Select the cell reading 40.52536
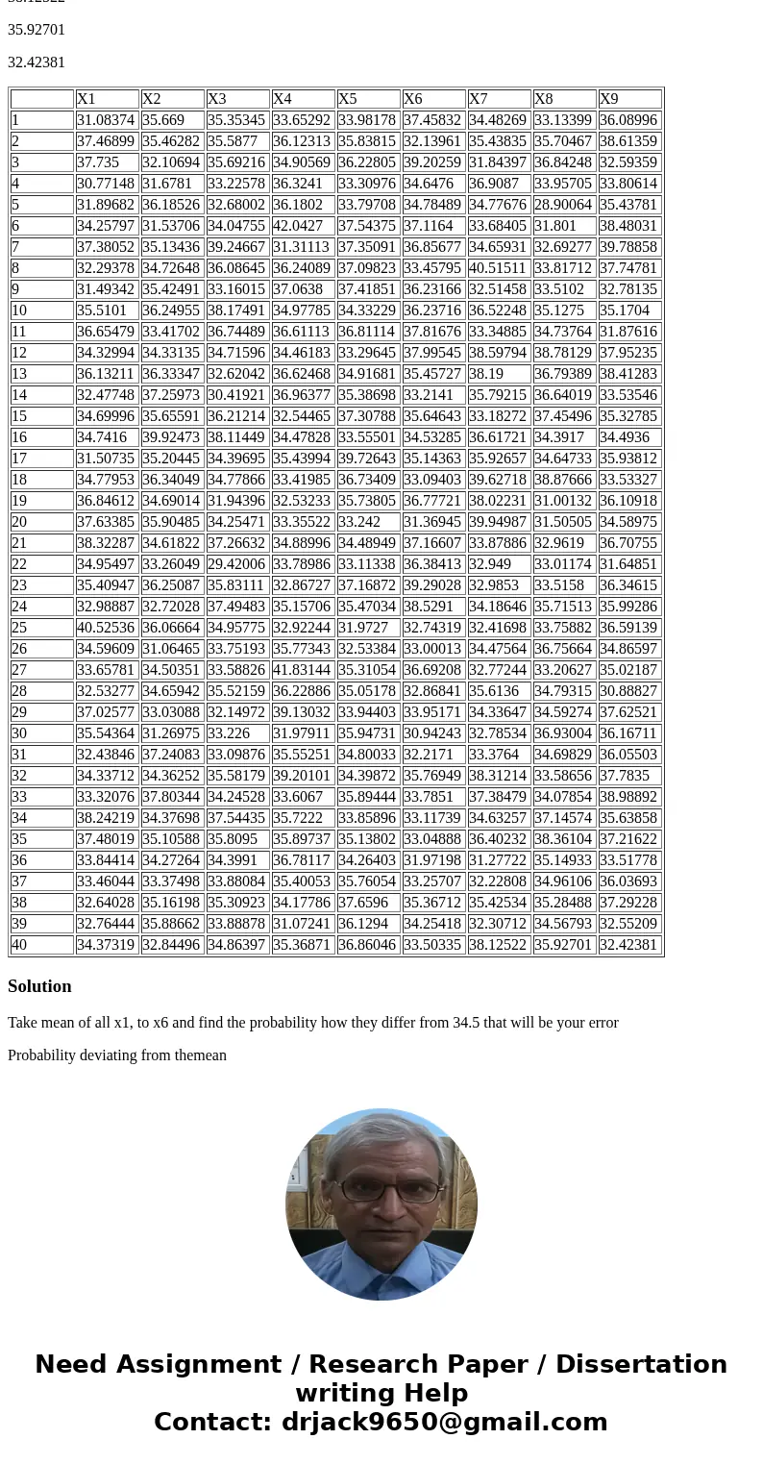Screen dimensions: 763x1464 pyautogui.click(x=106, y=628)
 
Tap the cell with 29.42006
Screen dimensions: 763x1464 pyautogui.click(x=236, y=564)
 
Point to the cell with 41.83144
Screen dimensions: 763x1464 pyautogui.click(x=302, y=670)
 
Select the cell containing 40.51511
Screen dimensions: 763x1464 pyautogui.click(x=498, y=268)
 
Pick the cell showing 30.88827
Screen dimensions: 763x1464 pyautogui.click(x=628, y=691)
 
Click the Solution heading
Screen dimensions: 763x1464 pyautogui.click(x=39, y=986)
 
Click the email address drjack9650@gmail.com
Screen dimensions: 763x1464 pyautogui.click(x=445, y=1423)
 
